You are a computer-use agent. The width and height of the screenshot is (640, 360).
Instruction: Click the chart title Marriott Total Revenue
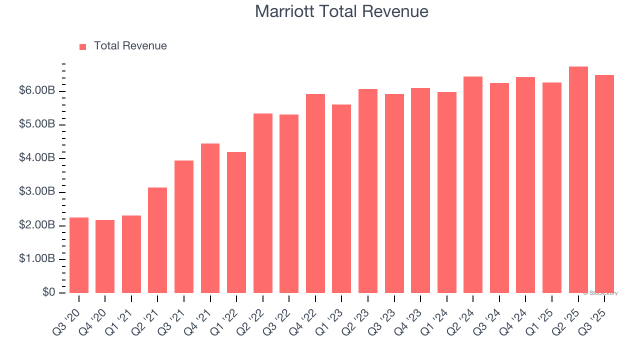tap(341, 11)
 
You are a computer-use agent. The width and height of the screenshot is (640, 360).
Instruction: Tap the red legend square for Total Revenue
tap(83, 46)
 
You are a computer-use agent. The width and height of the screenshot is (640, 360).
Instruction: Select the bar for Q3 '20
tap(79, 255)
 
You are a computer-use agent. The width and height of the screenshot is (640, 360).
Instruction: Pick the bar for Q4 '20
tap(105, 256)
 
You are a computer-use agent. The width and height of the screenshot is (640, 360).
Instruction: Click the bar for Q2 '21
tap(157, 240)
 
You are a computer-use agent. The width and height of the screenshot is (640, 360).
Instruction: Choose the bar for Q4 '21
tap(210, 218)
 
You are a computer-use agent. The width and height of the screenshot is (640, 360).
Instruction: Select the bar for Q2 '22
tap(263, 203)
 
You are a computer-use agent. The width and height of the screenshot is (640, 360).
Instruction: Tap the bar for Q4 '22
tap(315, 193)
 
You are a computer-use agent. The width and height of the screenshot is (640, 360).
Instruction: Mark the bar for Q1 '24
tap(447, 192)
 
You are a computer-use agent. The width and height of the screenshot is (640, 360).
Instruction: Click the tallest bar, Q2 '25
tap(578, 179)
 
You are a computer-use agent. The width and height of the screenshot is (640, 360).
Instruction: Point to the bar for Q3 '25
tap(604, 183)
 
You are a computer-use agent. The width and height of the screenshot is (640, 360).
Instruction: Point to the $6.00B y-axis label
tap(36, 91)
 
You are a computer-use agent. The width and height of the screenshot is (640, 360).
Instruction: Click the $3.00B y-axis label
tap(36, 192)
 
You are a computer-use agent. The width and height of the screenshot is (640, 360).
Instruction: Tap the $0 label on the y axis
tap(48, 292)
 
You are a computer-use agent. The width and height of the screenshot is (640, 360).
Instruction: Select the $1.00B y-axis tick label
tap(36, 259)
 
